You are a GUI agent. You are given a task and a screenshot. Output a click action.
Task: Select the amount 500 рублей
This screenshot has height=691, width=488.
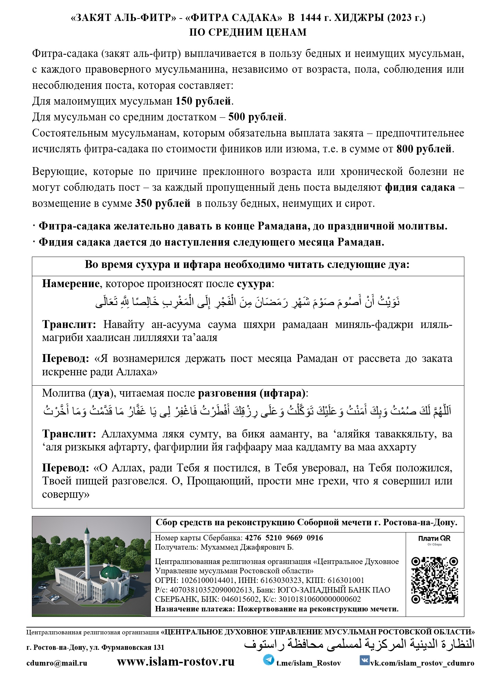256,117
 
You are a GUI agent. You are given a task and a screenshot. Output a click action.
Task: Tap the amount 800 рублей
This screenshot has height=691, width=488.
424,149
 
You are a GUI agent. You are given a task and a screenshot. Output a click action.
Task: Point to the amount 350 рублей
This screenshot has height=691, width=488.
163,203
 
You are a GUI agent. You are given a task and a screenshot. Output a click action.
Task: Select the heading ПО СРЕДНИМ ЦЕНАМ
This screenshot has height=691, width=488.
248,32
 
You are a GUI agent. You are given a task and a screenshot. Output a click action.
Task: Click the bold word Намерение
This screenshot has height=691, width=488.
71,284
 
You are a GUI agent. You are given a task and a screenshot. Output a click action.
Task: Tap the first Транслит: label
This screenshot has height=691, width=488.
69,325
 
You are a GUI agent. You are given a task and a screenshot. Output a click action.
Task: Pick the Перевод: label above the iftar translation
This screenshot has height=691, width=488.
66,468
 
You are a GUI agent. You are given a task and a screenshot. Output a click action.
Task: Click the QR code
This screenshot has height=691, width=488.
435,580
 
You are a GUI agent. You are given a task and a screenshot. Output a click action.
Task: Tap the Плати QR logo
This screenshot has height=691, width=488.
434,539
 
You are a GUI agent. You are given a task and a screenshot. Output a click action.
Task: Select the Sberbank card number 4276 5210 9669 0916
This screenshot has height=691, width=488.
284,538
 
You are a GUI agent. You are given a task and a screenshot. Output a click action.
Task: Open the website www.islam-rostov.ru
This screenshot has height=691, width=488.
176,662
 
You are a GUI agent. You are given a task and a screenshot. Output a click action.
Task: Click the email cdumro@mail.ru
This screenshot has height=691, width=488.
57,663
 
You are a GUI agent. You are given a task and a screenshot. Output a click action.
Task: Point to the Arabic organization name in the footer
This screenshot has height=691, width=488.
359,644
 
